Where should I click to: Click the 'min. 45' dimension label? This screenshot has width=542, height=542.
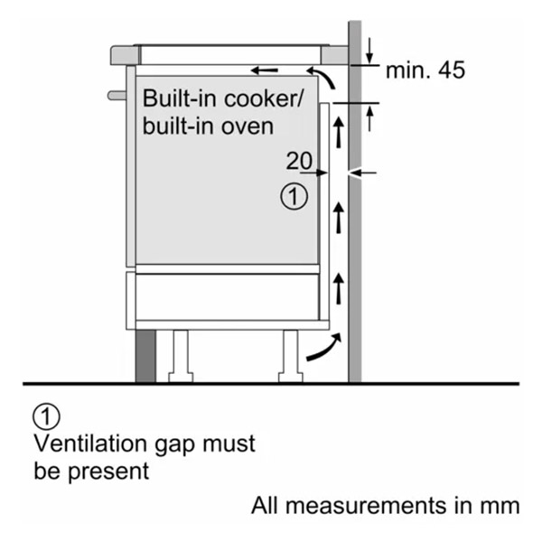(425, 70)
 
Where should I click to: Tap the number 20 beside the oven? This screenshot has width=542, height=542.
(299, 161)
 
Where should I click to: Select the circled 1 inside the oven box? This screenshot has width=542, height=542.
(294, 196)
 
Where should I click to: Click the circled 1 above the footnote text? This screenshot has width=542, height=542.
(46, 416)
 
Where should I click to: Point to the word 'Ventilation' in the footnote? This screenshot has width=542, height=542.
(91, 444)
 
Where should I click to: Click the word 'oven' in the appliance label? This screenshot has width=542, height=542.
(248, 126)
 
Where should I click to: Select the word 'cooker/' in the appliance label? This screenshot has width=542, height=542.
(264, 98)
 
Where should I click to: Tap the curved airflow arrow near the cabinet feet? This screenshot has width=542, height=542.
(324, 347)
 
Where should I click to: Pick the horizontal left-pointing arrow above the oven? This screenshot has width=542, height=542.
(265, 70)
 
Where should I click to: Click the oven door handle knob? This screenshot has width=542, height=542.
(117, 96)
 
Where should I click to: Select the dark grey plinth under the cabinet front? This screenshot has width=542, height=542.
(145, 356)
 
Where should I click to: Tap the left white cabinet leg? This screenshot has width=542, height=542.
(181, 357)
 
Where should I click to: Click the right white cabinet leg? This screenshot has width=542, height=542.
(290, 357)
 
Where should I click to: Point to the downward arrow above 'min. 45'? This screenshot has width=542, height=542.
(369, 51)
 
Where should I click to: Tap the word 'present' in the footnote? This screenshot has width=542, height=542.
(108, 472)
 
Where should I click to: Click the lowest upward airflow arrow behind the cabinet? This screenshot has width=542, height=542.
(339, 289)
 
